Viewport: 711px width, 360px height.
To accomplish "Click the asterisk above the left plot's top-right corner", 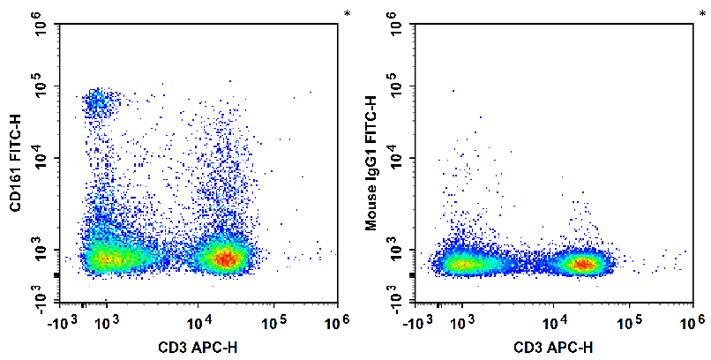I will click(x=346, y=12).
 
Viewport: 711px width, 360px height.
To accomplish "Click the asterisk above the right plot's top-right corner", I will click(x=704, y=12).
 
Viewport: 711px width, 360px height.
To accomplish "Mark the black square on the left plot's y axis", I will click(x=57, y=274).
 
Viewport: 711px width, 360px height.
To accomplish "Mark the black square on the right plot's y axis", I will click(x=415, y=274).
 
